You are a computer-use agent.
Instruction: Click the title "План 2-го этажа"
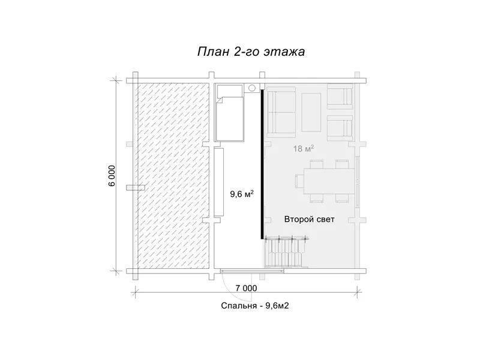click(x=251, y=52)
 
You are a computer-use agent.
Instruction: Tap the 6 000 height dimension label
click(x=112, y=176)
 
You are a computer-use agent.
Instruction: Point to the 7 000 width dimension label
click(x=246, y=288)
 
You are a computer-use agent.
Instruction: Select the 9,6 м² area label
click(x=242, y=193)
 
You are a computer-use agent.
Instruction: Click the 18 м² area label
click(x=304, y=148)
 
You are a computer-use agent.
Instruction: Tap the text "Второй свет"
click(x=309, y=219)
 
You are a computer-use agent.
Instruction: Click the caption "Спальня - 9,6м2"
click(x=254, y=306)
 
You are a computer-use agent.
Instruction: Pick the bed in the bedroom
click(x=230, y=113)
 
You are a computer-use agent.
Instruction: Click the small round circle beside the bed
click(x=251, y=88)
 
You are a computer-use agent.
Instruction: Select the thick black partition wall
click(x=262, y=164)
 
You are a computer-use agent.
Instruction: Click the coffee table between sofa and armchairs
click(x=311, y=112)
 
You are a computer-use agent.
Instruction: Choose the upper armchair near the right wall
click(x=340, y=97)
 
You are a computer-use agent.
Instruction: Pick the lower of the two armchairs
click(x=340, y=127)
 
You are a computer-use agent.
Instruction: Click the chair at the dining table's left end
click(x=299, y=181)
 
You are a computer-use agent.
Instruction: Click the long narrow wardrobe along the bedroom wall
click(x=219, y=182)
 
